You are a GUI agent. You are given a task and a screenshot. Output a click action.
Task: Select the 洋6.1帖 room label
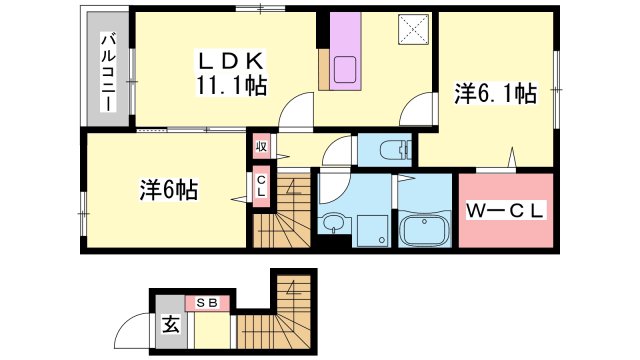click(x=495, y=95)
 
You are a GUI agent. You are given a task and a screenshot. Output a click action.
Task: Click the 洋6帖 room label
click(x=167, y=188)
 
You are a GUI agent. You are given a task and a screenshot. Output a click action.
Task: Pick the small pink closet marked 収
click(x=260, y=147)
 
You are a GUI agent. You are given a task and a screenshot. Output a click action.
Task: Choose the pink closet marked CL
click(x=260, y=186)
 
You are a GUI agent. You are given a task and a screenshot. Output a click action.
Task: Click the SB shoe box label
click(x=208, y=302)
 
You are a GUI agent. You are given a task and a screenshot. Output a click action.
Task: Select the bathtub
click(x=426, y=233)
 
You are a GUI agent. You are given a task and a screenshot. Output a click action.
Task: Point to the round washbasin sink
click(x=332, y=222)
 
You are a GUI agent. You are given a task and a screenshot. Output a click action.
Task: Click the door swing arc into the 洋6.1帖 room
click(x=424, y=109)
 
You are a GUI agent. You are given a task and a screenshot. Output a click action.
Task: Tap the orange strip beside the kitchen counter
click(x=324, y=69)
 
